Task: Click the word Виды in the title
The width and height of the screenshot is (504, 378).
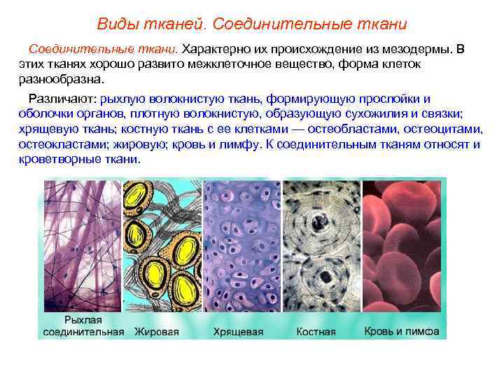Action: (116, 24)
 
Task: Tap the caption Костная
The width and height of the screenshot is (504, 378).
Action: (316, 331)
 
